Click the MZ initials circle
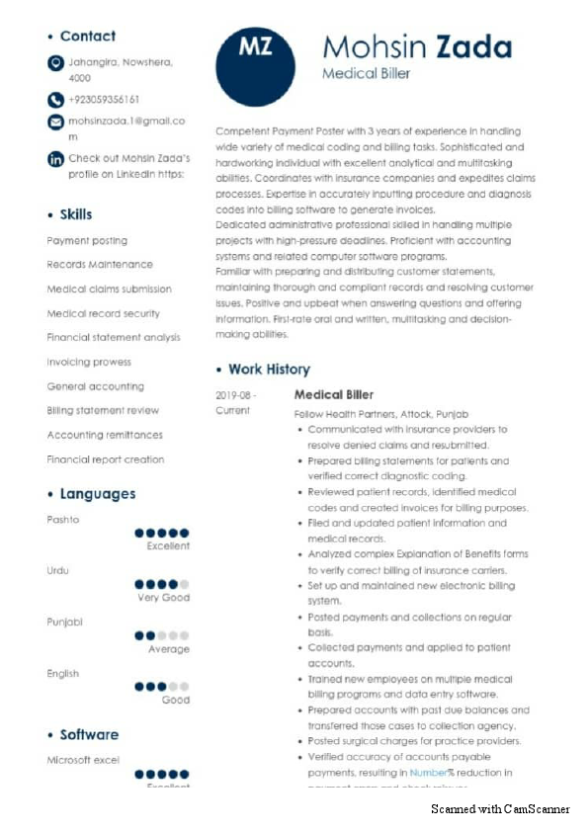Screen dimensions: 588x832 [x=256, y=64]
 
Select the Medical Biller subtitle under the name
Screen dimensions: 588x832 [x=366, y=74]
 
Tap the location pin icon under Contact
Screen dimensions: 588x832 [x=55, y=63]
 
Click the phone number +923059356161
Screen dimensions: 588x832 [x=104, y=100]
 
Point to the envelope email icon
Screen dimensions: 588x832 [x=55, y=122]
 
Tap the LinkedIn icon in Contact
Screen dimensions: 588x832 [x=55, y=158]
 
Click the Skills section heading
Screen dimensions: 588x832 [x=75, y=214]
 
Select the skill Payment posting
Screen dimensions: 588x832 [x=87, y=241]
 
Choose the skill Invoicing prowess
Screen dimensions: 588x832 [x=89, y=363]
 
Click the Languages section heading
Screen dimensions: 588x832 [x=97, y=494]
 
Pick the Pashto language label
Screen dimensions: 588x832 [x=63, y=520]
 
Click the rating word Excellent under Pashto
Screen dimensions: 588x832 [x=168, y=546]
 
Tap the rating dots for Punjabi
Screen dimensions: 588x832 [x=161, y=635]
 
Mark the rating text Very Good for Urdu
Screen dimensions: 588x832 [x=163, y=598]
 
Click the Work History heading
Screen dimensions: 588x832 [x=269, y=370]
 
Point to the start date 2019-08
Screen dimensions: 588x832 [x=235, y=395]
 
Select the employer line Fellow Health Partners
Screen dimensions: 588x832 [x=380, y=413]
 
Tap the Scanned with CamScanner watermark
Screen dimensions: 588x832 [x=500, y=809]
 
